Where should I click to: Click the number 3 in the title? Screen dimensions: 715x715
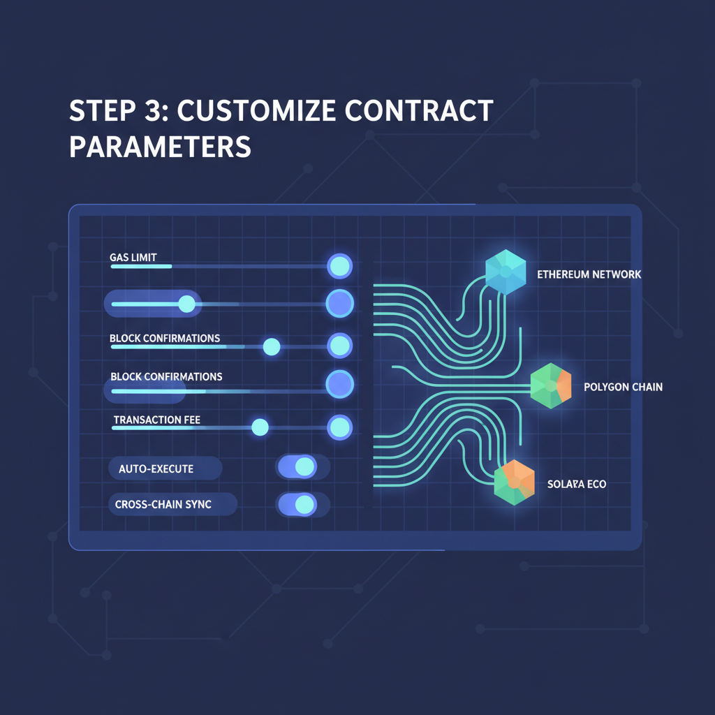tap(163, 112)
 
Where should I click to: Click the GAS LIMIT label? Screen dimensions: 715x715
tap(138, 258)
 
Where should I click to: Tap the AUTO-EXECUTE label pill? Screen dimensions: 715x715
tap(165, 469)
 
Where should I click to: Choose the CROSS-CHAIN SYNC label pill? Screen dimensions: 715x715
tap(172, 504)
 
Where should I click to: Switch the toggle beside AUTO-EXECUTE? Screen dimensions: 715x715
tap(303, 467)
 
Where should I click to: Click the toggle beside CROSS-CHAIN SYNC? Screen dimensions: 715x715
tap(303, 504)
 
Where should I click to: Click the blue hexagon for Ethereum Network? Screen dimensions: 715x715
tap(506, 272)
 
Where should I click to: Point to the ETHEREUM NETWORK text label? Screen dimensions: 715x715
tap(589, 274)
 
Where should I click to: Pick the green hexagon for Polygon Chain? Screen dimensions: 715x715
tap(550, 385)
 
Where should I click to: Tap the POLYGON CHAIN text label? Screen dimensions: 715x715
tap(623, 387)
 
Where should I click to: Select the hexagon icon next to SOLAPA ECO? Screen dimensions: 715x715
tap(514, 482)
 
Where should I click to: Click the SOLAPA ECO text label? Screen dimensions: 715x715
tap(577, 484)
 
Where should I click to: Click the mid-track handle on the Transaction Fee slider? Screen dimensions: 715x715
tap(260, 427)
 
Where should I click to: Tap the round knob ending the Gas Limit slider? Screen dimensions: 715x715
tap(340, 265)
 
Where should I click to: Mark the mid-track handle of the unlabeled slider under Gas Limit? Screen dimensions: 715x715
tap(186, 303)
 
